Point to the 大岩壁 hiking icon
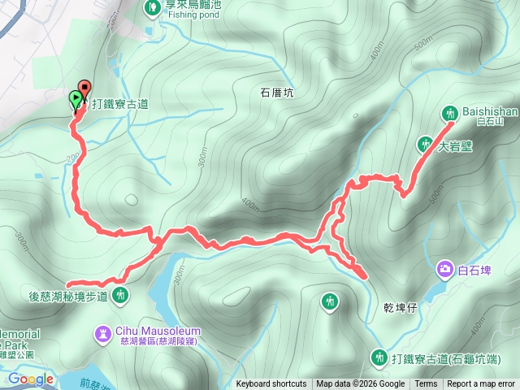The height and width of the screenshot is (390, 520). (x=424, y=145)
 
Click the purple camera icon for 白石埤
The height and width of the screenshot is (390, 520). (x=444, y=268)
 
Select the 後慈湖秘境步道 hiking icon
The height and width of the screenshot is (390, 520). (x=121, y=296)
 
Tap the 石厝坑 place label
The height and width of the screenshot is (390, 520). (x=276, y=93)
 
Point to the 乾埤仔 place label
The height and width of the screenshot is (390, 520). (x=401, y=309)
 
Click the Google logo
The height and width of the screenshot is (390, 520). (x=31, y=379)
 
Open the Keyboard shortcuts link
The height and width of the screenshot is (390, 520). (x=271, y=384)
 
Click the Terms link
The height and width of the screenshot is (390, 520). (x=426, y=384)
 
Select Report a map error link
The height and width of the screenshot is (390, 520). (x=480, y=384)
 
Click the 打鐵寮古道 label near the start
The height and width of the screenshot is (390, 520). (x=119, y=104)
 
